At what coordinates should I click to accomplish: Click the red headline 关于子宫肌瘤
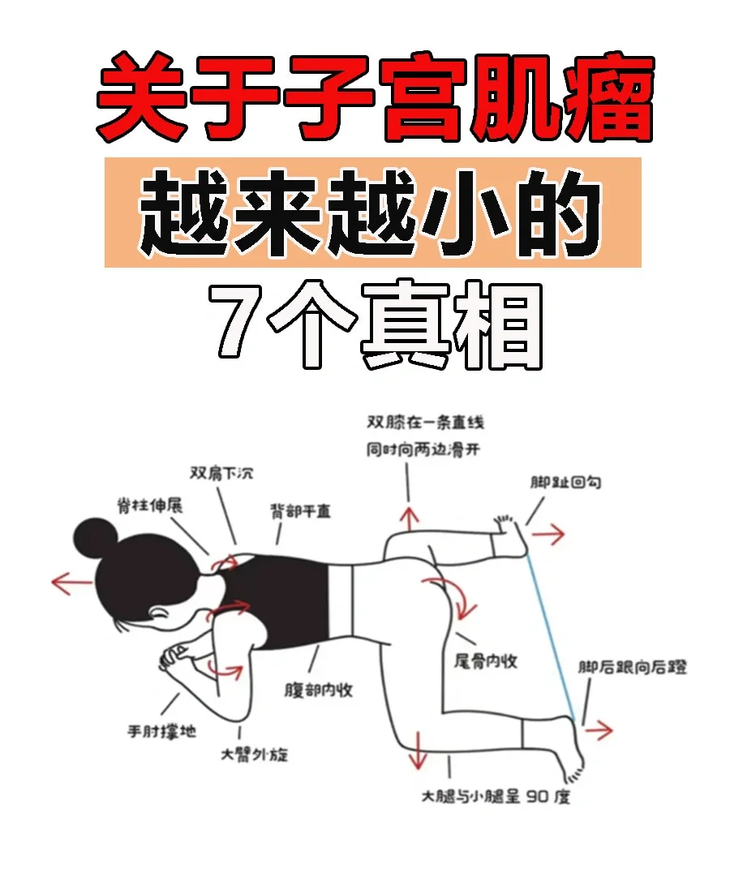375,98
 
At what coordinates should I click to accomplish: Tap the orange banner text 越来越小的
371,213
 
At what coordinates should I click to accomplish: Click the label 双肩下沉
221,473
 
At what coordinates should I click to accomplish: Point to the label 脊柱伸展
150,505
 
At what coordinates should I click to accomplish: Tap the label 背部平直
300,511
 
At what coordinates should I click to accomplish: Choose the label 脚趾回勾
565,482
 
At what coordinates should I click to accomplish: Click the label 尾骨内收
485,662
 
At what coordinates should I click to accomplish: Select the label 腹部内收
319,690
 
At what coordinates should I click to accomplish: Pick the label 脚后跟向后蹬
632,667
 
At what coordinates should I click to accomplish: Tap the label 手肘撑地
162,731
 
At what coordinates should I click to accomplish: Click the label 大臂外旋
254,755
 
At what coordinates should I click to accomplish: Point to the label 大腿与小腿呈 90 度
496,797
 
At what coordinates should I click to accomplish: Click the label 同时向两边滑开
423,449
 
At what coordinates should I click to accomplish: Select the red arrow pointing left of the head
71,582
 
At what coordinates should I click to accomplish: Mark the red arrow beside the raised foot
548,535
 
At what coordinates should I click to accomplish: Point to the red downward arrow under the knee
417,750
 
